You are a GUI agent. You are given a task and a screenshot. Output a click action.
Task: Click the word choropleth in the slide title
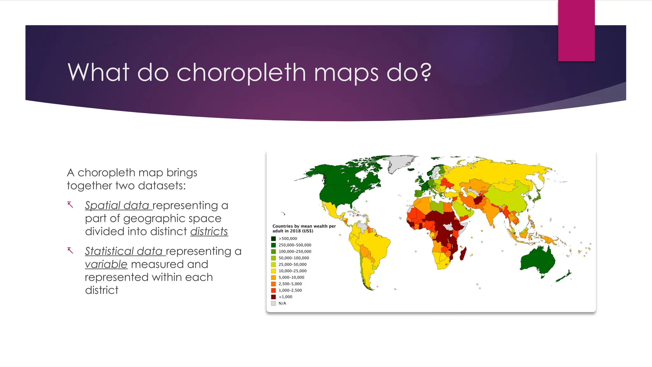(x=241, y=72)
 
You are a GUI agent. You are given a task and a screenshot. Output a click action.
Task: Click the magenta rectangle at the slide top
(x=576, y=30)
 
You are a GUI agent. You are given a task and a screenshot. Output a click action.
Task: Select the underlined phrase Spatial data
(x=117, y=205)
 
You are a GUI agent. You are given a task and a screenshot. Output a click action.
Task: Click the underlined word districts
(x=209, y=232)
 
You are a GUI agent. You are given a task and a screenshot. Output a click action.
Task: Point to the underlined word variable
(x=106, y=264)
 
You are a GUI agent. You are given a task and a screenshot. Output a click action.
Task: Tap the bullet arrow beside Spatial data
(x=70, y=205)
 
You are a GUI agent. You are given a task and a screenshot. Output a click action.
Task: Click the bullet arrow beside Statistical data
(x=70, y=251)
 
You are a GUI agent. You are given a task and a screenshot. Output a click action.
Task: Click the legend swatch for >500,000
(x=273, y=239)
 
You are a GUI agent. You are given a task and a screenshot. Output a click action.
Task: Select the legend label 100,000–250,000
(x=295, y=252)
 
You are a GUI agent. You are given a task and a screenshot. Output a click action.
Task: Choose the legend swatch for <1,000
(x=273, y=297)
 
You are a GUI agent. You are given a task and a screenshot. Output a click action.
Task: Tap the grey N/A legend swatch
(x=273, y=303)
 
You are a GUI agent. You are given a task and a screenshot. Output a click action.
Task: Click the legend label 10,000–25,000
(x=293, y=271)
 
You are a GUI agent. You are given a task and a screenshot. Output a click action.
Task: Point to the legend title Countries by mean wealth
(x=304, y=226)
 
